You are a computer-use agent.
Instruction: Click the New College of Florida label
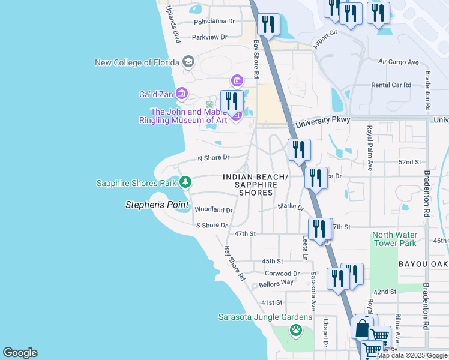tap(137, 63)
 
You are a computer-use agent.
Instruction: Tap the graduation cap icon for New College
tap(188, 62)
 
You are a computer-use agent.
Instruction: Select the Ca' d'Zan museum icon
tap(182, 94)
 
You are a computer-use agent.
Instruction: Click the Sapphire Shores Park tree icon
tap(186, 182)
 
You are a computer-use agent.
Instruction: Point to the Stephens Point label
tap(157, 205)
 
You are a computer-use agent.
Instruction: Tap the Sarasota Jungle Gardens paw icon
tap(295, 329)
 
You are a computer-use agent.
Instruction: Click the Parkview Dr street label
tap(209, 37)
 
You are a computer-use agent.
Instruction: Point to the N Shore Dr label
tap(214, 158)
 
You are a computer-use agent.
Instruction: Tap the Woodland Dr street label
tap(213, 210)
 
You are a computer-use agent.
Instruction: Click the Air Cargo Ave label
tap(398, 62)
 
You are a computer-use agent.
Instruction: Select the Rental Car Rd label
tap(391, 85)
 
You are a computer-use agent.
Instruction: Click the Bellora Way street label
tap(276, 283)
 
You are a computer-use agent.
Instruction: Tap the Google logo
tap(20, 353)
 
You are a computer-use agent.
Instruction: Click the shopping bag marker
tap(362, 329)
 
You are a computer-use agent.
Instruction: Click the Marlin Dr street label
tap(291, 207)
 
